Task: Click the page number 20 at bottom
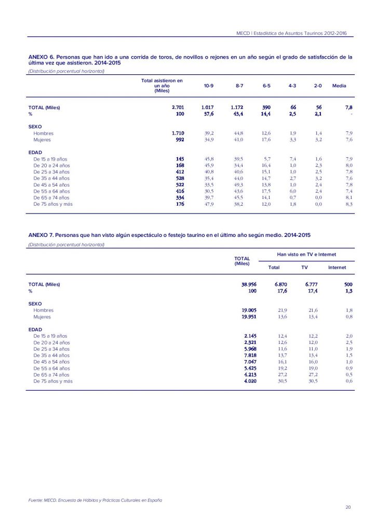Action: (x=347, y=507)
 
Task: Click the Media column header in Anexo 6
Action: (x=339, y=86)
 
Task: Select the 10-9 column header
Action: (x=209, y=86)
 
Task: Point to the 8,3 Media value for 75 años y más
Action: (x=348, y=205)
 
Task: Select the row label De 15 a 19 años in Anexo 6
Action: (x=50, y=159)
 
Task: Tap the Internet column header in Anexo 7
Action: (x=337, y=268)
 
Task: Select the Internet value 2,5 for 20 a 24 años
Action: (x=348, y=342)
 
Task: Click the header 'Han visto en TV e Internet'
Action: (x=306, y=255)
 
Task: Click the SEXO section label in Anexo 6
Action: (x=35, y=127)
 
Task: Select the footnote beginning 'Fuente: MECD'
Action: (x=95, y=500)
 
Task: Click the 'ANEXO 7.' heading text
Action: (x=41, y=235)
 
